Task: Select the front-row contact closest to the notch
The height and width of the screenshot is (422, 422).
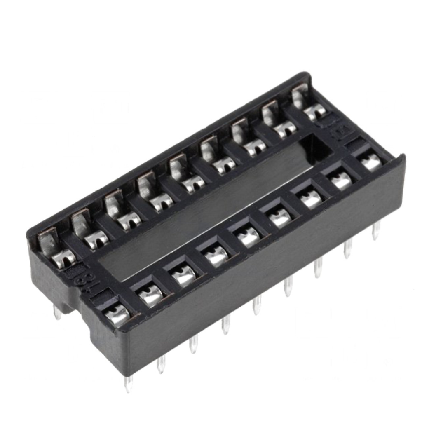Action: click(117, 315)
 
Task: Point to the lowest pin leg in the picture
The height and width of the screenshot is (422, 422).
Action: click(129, 384)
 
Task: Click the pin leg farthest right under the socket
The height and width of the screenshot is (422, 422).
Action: click(375, 231)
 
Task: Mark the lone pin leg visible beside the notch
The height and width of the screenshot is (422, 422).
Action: click(57, 313)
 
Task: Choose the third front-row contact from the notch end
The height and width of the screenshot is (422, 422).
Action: click(183, 275)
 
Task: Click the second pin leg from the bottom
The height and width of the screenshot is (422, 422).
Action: click(161, 364)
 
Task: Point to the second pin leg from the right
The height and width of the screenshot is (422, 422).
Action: click(348, 249)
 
